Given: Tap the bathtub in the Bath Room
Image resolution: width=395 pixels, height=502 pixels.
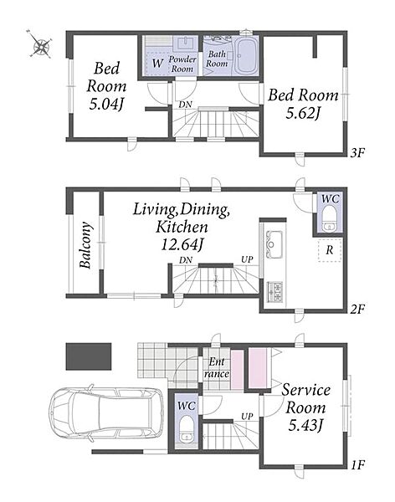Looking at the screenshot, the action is click(246, 55).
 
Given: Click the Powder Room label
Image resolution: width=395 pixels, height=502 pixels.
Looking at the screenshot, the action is click(182, 64).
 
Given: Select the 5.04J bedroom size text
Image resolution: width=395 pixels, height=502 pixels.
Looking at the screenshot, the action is click(106, 105).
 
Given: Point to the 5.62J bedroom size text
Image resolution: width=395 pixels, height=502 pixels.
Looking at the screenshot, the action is click(303, 113).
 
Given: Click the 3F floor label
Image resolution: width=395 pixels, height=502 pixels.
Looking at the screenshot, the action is click(357, 153).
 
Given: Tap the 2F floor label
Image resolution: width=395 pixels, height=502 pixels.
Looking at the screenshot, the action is click(357, 310).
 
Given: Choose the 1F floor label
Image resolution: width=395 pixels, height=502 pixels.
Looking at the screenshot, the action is click(357, 464).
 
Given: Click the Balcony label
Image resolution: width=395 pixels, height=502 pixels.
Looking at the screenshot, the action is click(86, 245).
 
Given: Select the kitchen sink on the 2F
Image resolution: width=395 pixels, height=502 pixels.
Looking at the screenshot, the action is click(273, 244).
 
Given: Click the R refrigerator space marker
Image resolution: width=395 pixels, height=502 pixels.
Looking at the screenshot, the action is click(330, 249).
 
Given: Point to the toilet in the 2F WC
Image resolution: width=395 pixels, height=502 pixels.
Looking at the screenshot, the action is click(329, 220).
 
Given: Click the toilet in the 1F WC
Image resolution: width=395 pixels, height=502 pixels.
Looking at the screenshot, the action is click(186, 429).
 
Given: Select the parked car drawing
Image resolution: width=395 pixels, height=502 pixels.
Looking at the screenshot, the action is click(106, 413).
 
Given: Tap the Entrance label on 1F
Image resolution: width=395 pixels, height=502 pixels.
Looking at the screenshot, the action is click(217, 368).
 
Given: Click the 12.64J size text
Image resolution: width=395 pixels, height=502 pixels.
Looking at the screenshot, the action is click(182, 245).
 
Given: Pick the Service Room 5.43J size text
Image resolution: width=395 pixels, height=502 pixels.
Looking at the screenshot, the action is click(305, 426).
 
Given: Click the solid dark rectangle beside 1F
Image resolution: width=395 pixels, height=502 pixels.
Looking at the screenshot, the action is click(89, 356).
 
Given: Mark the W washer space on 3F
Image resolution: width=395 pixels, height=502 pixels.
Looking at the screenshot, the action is click(157, 63).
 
